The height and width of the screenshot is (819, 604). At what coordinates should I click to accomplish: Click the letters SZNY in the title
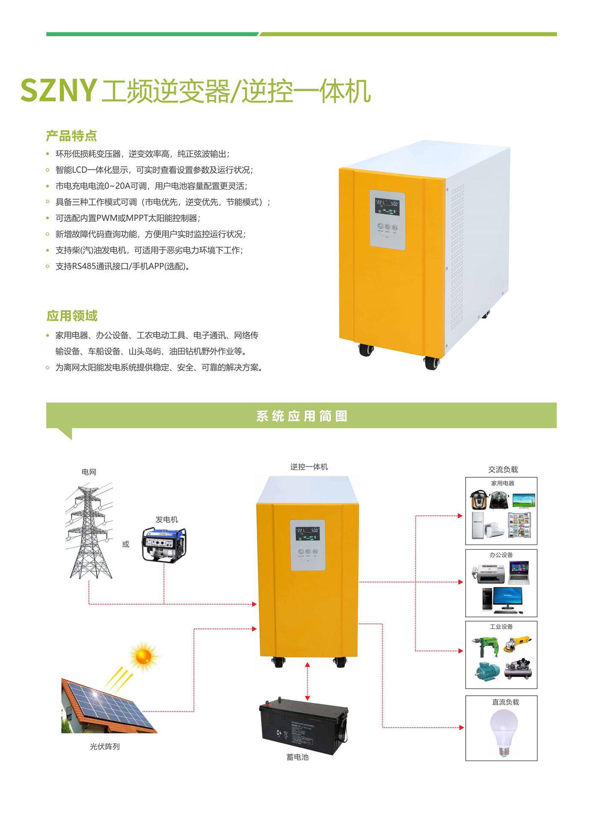59,90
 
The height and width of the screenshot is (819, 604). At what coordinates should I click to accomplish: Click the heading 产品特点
71,136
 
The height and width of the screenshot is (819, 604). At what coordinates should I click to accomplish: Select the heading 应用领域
72,316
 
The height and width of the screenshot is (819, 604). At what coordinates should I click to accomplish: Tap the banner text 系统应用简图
301,416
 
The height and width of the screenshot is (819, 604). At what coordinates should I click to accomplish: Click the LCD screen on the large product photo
387,206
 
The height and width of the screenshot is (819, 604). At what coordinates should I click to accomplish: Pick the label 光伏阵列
105,746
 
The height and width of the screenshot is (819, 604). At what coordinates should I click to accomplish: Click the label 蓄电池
297,757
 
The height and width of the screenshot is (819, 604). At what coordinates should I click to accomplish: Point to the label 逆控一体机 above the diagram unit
309,467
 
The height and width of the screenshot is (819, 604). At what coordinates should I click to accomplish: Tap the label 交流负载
503,469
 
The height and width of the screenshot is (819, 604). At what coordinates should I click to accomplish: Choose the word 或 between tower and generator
125,544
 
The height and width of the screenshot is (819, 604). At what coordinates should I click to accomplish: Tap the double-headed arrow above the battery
307,681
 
